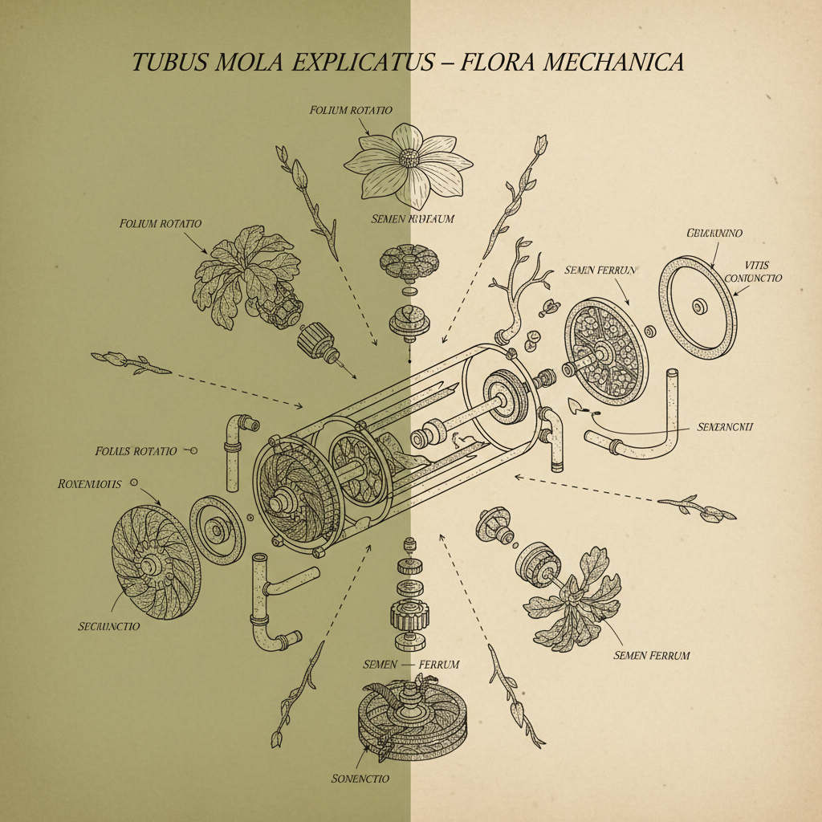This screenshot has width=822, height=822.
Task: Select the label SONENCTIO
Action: pos(360,778)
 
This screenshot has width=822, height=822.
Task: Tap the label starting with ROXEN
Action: pos(90,484)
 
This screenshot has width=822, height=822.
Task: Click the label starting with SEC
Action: pos(108,625)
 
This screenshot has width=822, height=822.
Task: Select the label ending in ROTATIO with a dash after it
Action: pos(136,451)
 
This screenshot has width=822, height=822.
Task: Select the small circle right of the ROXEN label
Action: pos(133,483)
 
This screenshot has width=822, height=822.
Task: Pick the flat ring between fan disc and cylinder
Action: pos(217,529)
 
